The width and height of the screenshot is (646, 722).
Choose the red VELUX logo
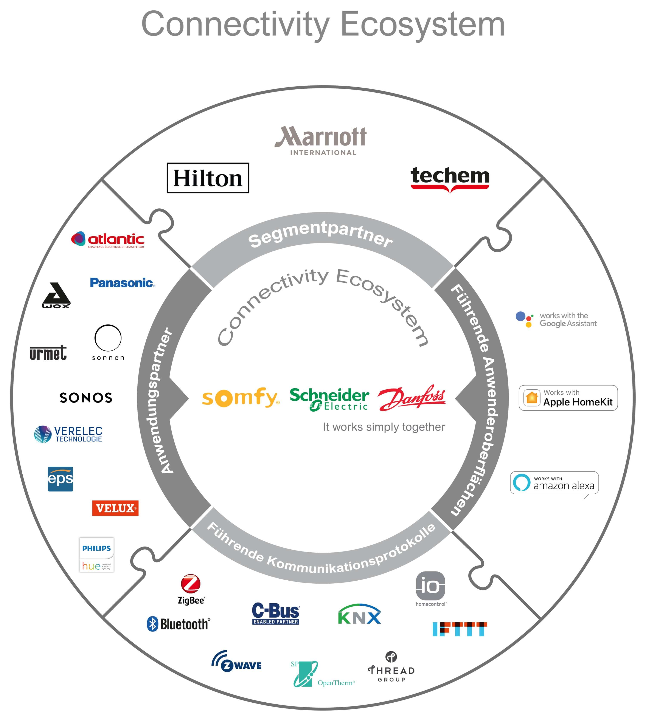tap(115, 508)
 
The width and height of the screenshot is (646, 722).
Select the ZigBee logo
tap(191, 589)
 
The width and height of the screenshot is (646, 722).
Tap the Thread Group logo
tap(391, 667)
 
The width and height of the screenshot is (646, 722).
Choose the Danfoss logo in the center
tap(412, 398)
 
